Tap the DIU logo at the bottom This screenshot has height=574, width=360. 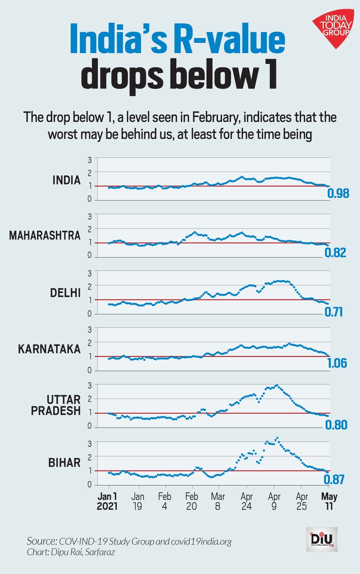coord(322,539)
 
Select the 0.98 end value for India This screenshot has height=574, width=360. coord(338,194)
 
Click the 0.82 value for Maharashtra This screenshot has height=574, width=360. coord(335,253)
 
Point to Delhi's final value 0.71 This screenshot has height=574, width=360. coord(333,312)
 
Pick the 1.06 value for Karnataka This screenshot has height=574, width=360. coord(337,363)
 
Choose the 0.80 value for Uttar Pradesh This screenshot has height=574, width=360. coord(336,425)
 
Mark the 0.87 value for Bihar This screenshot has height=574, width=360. coord(334,480)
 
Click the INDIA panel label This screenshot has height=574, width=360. coord(66,180)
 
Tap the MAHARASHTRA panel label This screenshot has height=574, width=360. coord(45,236)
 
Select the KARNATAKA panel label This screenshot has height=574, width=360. coord(49,349)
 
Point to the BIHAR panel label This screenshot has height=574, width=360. coord(64,463)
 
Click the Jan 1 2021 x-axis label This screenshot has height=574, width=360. coord(107,501)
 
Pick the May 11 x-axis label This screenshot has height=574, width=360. coord(329,501)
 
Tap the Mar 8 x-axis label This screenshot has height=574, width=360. coord(218,501)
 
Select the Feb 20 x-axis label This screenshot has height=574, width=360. coord(191,501)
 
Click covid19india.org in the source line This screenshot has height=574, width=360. coord(201,541)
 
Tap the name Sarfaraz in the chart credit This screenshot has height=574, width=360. coord(100,552)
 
